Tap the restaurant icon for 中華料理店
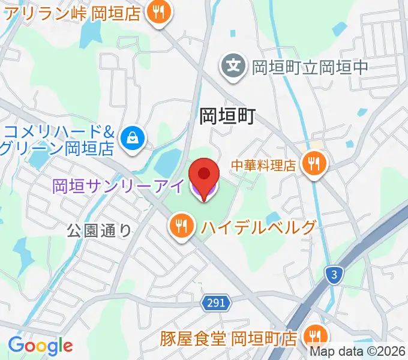313,162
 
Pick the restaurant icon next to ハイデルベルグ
181,227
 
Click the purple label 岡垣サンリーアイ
119,186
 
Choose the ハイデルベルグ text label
258,227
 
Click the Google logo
40,346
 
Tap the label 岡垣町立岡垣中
310,66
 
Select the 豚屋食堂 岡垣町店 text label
228,338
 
